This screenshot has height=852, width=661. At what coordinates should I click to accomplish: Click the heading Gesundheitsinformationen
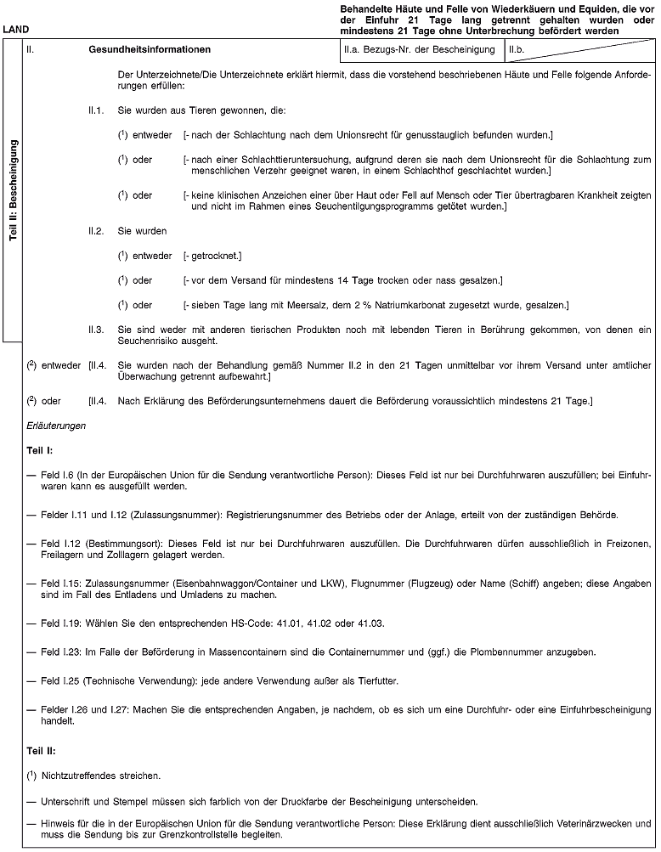[x=150, y=49]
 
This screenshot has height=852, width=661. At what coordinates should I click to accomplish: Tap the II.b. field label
[x=517, y=49]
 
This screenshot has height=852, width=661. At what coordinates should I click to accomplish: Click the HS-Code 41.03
[x=372, y=624]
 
